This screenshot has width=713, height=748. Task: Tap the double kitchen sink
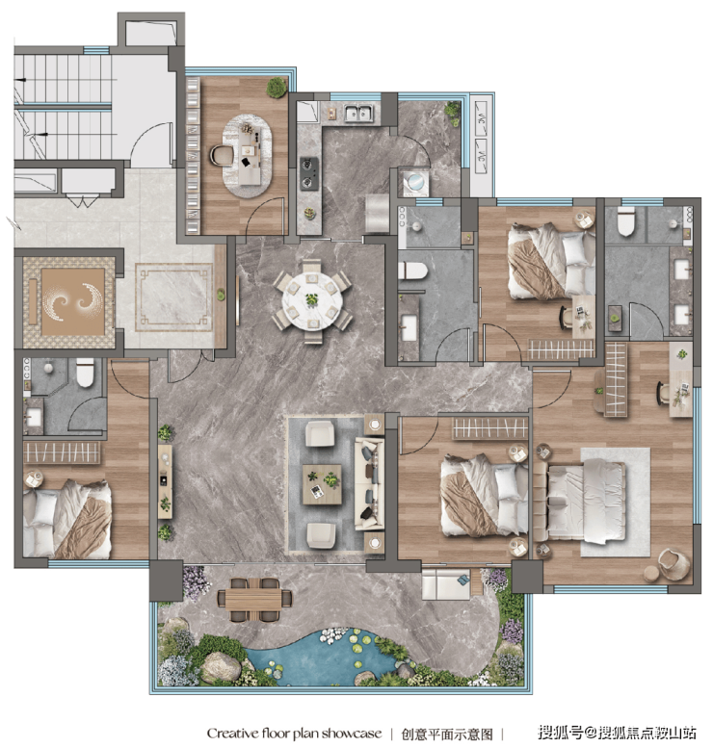pyautogui.click(x=359, y=114)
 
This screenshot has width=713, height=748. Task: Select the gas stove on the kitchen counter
pyautogui.click(x=309, y=174)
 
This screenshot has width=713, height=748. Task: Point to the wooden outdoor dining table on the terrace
pyautogui.click(x=254, y=599)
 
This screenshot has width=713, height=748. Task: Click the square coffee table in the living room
pyautogui.click(x=322, y=484)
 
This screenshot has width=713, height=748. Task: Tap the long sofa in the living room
pyautogui.click(x=369, y=484)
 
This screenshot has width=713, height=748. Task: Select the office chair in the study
pyautogui.click(x=221, y=156)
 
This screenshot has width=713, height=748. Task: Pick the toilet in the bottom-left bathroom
pyautogui.click(x=85, y=373)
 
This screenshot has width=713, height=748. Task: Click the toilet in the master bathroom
pyautogui.click(x=626, y=221)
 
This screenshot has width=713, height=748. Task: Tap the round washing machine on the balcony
pyautogui.click(x=413, y=182)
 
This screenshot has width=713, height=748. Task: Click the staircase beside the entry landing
pyautogui.click(x=63, y=107)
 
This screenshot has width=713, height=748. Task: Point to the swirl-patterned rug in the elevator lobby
pyautogui.click(x=72, y=302)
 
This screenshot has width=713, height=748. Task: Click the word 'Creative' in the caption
pyautogui.click(x=233, y=734)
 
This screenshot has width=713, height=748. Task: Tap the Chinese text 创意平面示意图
pyautogui.click(x=446, y=734)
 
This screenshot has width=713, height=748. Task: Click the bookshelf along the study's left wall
pyautogui.click(x=193, y=156)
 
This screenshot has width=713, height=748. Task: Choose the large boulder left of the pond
pyautogui.click(x=221, y=667)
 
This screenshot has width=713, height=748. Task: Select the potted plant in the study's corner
pyautogui.click(x=277, y=88)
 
